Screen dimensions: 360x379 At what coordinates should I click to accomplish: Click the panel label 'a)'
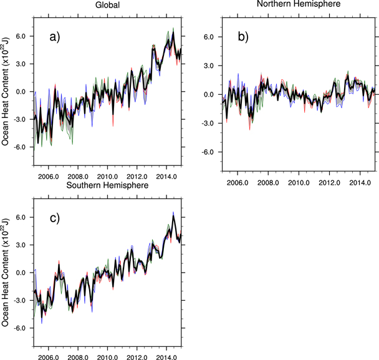click(55, 37)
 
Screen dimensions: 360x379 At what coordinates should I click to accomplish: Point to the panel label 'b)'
click(244, 37)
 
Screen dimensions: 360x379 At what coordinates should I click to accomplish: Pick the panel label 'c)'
click(55, 218)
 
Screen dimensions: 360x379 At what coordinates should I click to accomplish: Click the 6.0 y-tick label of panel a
click(21, 36)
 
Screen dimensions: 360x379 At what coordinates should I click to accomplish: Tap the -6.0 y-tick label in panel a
click(19, 147)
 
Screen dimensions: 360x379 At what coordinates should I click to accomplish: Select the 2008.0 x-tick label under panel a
click(78, 177)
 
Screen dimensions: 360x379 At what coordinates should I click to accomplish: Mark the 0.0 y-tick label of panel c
click(21, 273)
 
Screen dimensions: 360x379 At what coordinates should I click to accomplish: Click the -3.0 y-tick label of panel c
click(19, 300)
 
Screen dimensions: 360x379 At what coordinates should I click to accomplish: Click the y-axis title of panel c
click(6, 273)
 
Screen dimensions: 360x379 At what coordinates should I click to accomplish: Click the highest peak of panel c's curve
click(173, 214)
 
